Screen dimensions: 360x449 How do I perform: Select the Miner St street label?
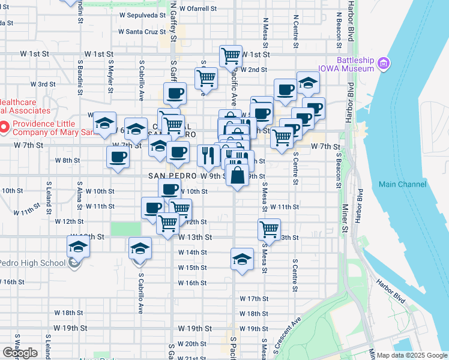pyautogui.click(x=345, y=219)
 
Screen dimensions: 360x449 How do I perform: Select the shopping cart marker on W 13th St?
pyautogui.click(x=270, y=229)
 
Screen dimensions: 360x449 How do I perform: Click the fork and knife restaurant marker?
pyautogui.click(x=208, y=155)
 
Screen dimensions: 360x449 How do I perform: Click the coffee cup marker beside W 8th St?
pyautogui.click(x=118, y=157)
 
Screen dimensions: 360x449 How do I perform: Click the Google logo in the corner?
pyautogui.click(x=19, y=353)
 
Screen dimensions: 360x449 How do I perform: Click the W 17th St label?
pyautogui.click(x=253, y=298)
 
